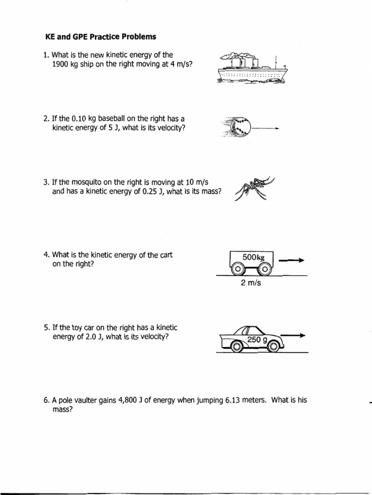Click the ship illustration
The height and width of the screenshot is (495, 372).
(x=252, y=69)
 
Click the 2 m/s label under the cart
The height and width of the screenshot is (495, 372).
(x=250, y=283)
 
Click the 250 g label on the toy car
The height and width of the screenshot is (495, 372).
(x=258, y=340)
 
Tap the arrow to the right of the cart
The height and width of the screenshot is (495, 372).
(x=291, y=261)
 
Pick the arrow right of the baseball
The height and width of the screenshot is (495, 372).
(x=266, y=129)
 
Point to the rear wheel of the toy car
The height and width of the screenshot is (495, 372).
(x=237, y=346)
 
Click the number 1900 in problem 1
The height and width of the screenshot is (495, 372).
(x=61, y=64)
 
